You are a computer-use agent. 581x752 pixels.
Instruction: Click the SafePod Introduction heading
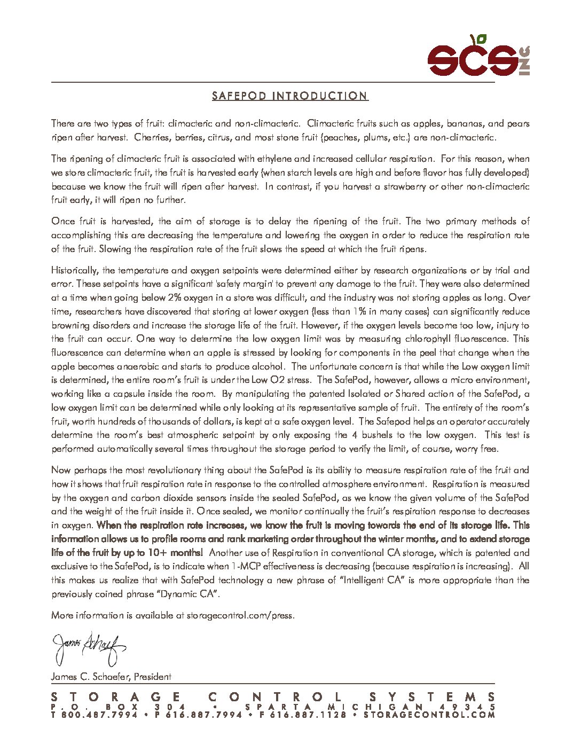(290, 96)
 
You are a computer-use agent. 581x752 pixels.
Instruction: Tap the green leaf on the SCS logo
(481, 39)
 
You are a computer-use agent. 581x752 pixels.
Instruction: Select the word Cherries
(152, 137)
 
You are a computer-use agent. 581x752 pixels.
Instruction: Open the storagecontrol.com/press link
(240, 615)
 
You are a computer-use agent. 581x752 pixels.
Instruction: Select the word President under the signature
(153, 677)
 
